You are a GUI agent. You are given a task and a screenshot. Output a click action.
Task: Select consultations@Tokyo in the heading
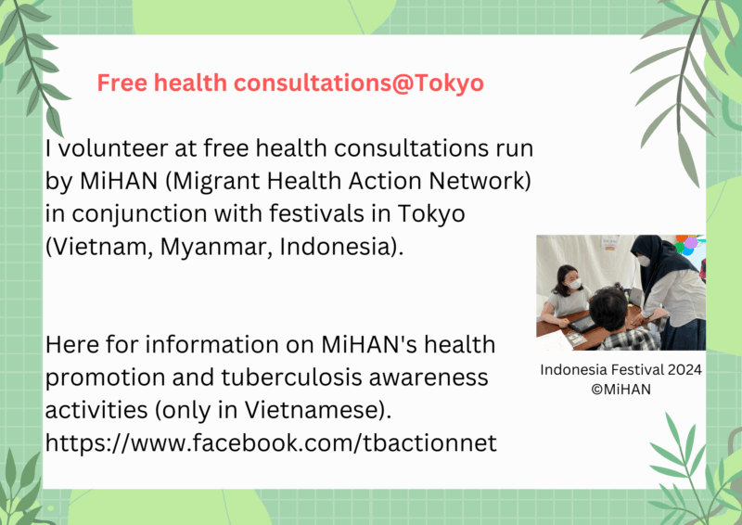359,83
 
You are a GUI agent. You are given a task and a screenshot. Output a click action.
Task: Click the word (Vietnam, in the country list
99,247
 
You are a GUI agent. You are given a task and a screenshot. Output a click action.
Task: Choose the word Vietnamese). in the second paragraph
318,410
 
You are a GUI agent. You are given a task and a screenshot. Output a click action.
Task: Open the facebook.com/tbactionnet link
271,443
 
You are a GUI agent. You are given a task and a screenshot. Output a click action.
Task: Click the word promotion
105,378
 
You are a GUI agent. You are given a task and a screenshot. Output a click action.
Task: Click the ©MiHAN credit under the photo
620,390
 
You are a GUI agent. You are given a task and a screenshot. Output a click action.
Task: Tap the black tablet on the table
582,324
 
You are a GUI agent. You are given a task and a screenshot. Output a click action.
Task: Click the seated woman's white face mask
574,284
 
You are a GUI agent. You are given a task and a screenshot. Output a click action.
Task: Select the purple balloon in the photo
691,242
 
